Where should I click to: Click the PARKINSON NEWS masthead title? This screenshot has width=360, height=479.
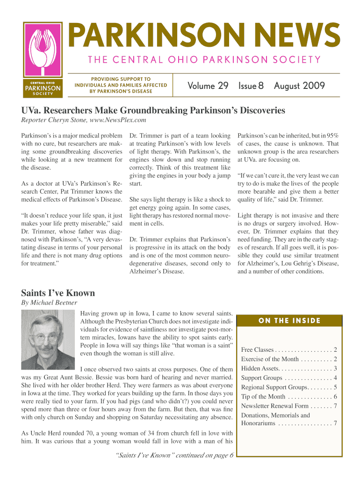pos(205,36)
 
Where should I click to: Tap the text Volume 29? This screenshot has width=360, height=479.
pos(208,86)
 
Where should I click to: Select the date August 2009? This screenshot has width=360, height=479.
pos(299,86)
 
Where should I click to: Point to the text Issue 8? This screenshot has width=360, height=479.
pos(251,86)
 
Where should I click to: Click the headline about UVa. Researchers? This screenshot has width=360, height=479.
pos(153,111)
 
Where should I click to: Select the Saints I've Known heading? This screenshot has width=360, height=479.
pos(58,293)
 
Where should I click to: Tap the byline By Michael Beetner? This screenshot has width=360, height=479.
pos(49,303)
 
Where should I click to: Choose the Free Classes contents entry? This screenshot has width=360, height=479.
pos(289,350)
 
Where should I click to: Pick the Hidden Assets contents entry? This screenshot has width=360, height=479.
pos(289,369)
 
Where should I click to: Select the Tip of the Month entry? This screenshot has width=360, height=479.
pos(289,397)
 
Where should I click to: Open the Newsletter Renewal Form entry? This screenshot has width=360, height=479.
pos(289,406)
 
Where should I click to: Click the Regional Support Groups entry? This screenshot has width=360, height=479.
pos(289,387)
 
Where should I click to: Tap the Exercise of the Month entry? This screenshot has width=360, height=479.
pos(289,359)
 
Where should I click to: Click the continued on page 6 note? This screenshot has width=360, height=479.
pos(174,457)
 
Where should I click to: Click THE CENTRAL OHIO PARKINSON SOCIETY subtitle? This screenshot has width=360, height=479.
pos(202,59)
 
